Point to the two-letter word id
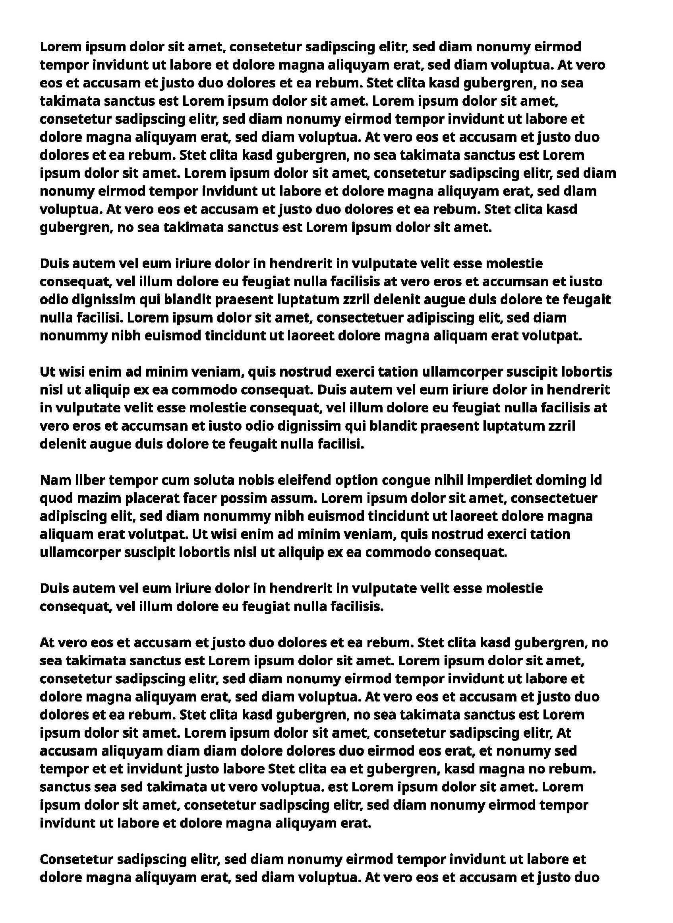pyautogui.click(x=596, y=480)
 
